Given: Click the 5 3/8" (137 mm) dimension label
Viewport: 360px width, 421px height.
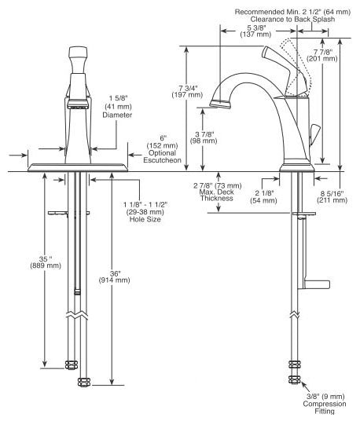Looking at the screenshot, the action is tap(255, 31).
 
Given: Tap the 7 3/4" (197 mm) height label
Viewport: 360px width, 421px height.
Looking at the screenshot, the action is tap(187, 91).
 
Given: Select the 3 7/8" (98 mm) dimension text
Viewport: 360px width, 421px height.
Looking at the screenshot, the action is tap(204, 137).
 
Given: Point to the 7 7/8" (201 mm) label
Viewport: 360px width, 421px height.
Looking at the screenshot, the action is tap(322, 55).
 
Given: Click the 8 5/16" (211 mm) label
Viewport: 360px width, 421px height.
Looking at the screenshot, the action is tap(332, 197).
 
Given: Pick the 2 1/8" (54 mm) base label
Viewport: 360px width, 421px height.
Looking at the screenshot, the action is tap(263, 197).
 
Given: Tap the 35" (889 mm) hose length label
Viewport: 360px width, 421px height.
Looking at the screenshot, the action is tap(46, 262).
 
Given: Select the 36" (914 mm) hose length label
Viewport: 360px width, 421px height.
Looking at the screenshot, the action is tap(115, 277).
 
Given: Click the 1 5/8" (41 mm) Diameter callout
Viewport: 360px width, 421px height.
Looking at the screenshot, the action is tap(118, 107).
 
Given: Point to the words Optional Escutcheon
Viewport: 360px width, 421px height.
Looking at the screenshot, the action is tap(162, 156).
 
